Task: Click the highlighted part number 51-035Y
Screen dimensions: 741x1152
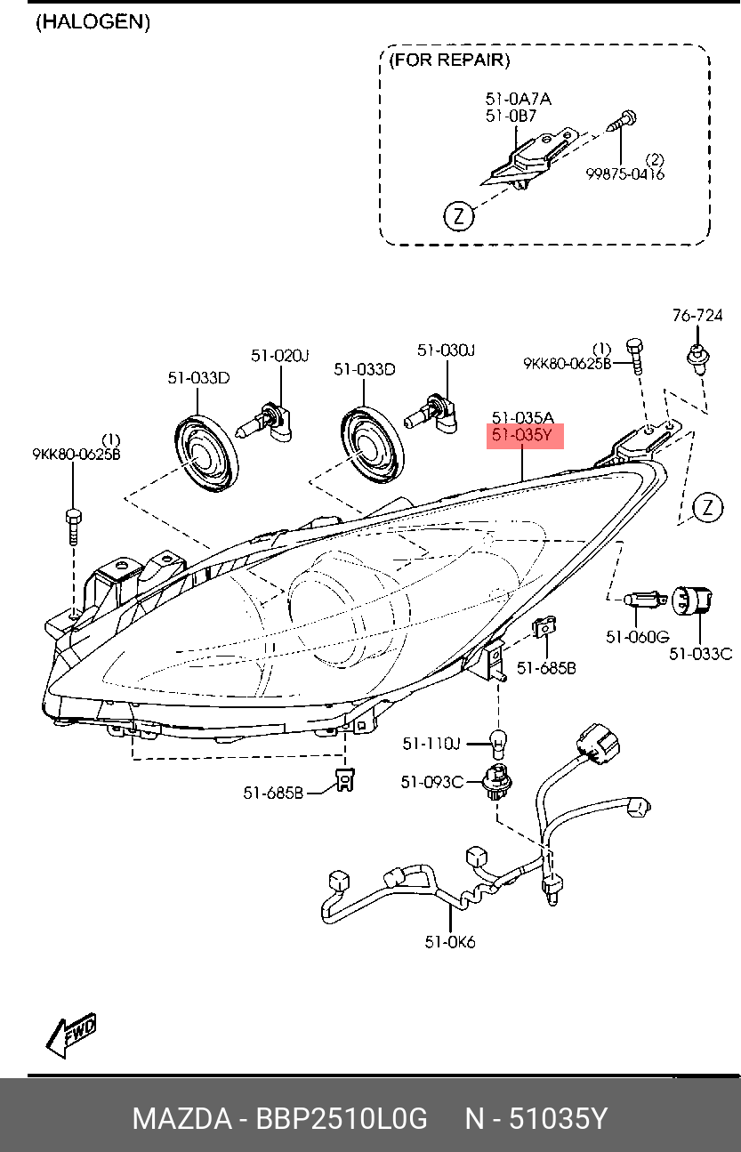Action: click(x=521, y=436)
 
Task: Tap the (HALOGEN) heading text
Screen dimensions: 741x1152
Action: click(x=93, y=22)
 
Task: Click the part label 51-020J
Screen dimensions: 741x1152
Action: click(x=279, y=355)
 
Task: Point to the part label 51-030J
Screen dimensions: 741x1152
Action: click(x=446, y=350)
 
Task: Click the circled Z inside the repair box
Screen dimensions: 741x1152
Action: click(x=459, y=215)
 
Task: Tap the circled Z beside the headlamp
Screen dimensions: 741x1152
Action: click(x=707, y=507)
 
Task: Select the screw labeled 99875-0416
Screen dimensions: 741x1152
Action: click(x=622, y=121)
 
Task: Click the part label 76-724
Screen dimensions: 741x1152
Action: click(x=697, y=315)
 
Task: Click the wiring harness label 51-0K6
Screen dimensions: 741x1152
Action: click(x=450, y=942)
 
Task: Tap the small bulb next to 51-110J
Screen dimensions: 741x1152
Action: click(x=498, y=744)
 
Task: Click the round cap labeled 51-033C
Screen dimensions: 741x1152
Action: click(x=693, y=601)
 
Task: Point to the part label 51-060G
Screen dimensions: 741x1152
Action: click(x=638, y=637)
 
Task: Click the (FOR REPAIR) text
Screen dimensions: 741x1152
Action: click(x=449, y=60)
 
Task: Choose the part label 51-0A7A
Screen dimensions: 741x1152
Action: click(x=519, y=99)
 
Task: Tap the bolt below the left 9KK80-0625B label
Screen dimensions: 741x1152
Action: click(x=74, y=527)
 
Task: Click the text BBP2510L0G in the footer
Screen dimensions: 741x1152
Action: click(x=342, y=1118)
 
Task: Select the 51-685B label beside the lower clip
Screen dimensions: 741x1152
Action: click(x=273, y=793)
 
